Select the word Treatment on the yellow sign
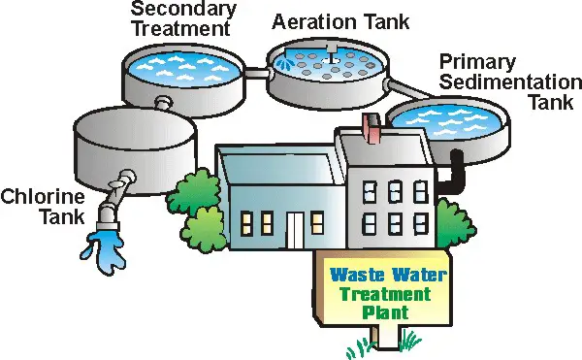[387, 295]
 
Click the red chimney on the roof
[368, 125]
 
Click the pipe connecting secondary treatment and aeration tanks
[256, 73]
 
